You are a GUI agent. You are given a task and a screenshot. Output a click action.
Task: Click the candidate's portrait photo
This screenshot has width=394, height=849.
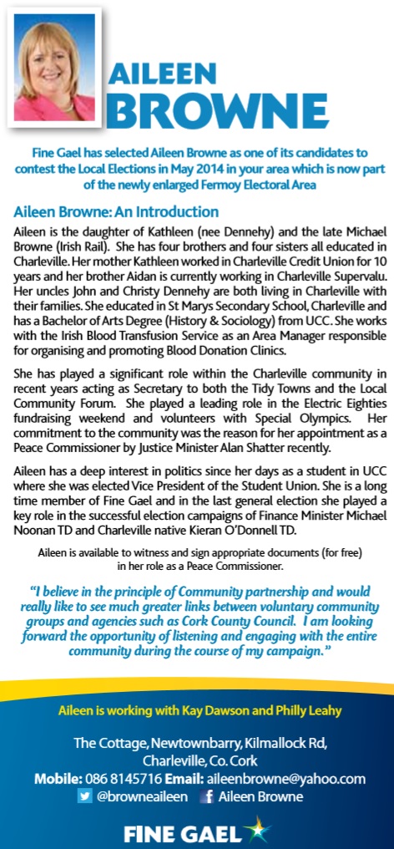pos(54,68)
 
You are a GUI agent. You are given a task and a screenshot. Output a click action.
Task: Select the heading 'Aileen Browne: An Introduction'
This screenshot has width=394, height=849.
pos(116,211)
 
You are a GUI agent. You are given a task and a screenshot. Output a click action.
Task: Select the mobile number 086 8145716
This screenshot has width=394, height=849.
pos(124,779)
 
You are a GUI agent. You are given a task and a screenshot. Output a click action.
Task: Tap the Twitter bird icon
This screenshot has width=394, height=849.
pos(84,797)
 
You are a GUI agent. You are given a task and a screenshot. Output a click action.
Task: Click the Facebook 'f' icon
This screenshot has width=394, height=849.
pos(205,797)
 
